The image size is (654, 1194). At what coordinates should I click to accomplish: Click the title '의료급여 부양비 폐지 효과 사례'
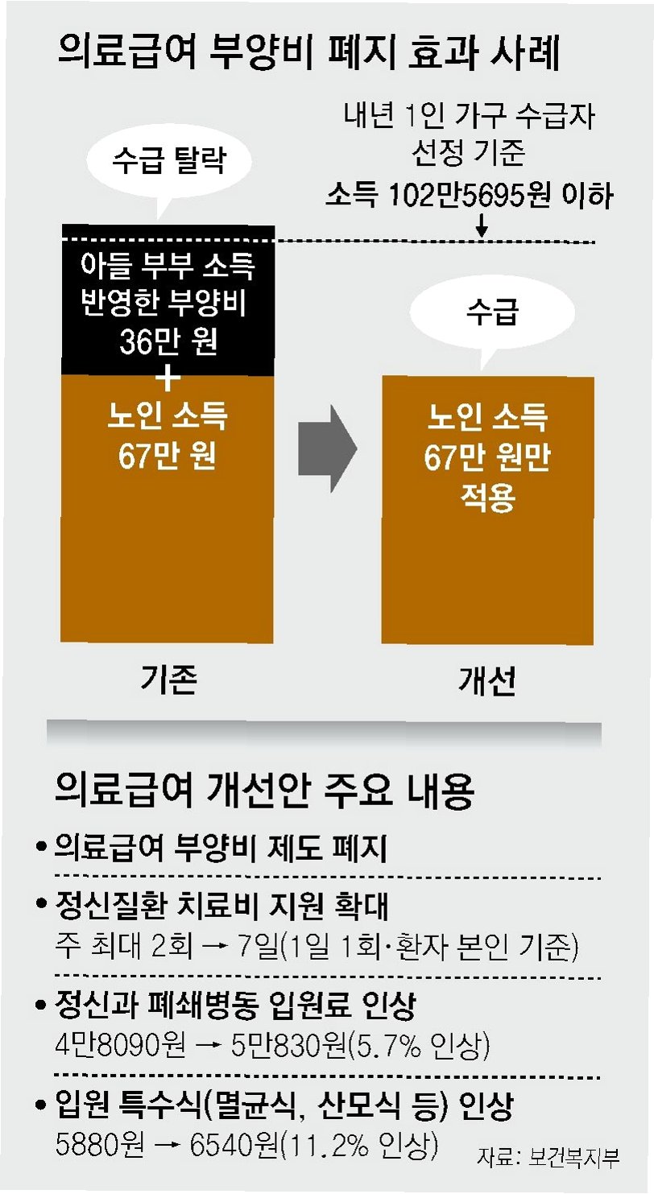click(309, 56)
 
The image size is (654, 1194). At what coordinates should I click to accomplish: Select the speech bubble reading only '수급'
click(490, 313)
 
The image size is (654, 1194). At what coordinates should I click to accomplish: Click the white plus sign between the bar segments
click(169, 378)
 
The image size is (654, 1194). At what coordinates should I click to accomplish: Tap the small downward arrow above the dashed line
click(482, 228)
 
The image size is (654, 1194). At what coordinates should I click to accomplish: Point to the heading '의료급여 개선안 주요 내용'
click(265, 792)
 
